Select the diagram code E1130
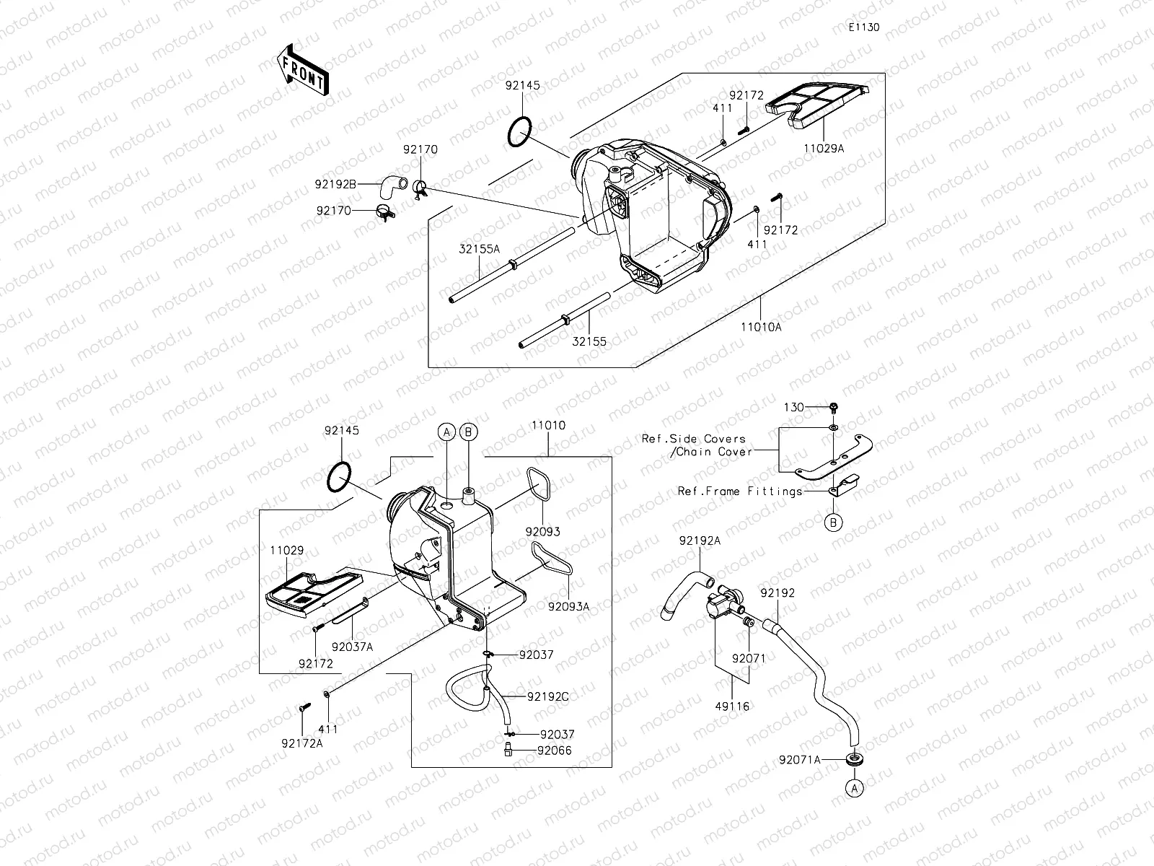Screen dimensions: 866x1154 (x=863, y=27)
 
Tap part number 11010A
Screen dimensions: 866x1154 (x=761, y=326)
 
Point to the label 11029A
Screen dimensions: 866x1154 (x=823, y=148)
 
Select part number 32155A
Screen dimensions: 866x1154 (x=478, y=248)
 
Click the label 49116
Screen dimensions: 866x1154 (x=731, y=706)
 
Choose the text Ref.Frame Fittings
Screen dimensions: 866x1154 (x=740, y=491)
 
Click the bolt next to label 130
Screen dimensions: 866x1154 (x=833, y=408)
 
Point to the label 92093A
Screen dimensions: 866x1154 (x=568, y=606)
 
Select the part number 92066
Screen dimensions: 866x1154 (x=554, y=750)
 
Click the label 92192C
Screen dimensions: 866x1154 (x=547, y=696)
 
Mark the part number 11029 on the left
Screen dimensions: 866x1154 (x=287, y=550)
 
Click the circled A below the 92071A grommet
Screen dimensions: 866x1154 (x=855, y=789)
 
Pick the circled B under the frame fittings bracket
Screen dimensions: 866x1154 (x=833, y=522)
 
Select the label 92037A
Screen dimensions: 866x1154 (x=353, y=647)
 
